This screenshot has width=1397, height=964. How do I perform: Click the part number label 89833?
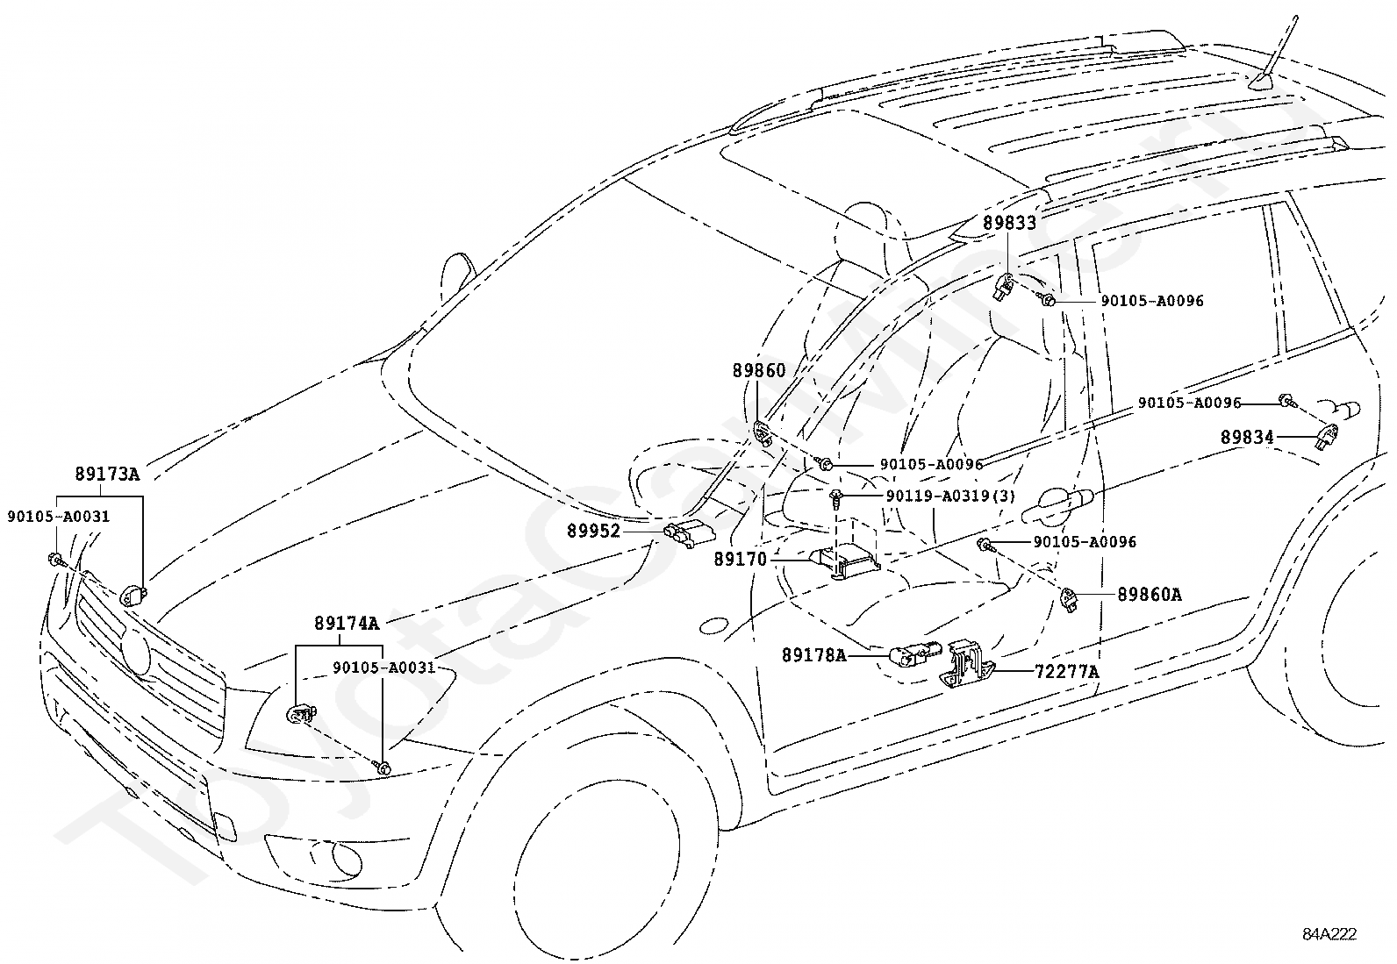click(x=1010, y=223)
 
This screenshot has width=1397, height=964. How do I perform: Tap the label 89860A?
click(x=1150, y=594)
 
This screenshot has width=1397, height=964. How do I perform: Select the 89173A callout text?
click(x=107, y=474)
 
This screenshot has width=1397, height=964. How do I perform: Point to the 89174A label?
click(x=347, y=623)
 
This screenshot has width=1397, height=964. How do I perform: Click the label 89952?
click(x=594, y=531)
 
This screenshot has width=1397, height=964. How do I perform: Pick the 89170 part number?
click(x=741, y=560)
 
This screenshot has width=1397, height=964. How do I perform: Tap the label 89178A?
click(x=814, y=655)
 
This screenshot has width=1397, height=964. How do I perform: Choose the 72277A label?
click(x=1067, y=672)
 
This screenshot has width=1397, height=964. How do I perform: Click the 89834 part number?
click(x=1247, y=437)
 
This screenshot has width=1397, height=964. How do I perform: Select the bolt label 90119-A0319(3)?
click(x=950, y=496)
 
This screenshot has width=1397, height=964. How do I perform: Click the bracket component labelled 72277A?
click(x=966, y=665)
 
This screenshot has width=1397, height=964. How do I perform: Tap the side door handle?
click(x=1057, y=503)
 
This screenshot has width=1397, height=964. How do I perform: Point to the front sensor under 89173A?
click(x=132, y=596)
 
